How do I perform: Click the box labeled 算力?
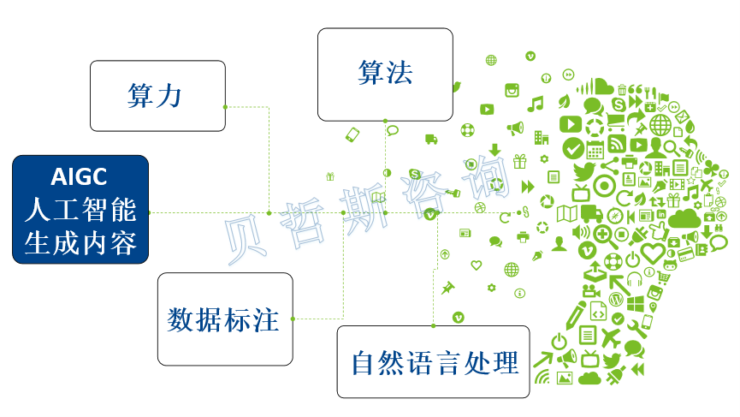click(x=157, y=95)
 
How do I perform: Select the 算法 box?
click(x=385, y=74)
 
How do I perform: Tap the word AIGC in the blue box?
click(x=79, y=177)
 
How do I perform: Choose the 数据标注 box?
click(x=224, y=319)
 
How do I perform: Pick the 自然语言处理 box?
click(x=433, y=361)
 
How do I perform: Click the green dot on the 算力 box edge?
click(x=225, y=107)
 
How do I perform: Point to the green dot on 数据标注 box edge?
click(x=293, y=319)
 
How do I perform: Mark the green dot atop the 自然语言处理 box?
click(x=433, y=325)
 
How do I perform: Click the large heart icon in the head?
click(x=653, y=253)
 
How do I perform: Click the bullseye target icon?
click(x=603, y=186)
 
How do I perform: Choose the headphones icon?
click(x=634, y=279)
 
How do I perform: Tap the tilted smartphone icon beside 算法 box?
click(x=352, y=134)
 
